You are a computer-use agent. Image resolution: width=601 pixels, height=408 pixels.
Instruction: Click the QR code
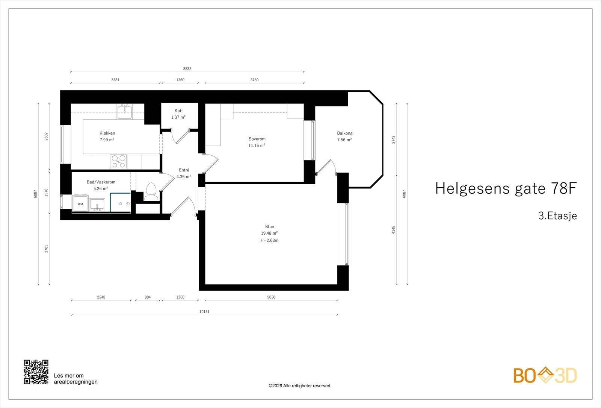[x=36, y=372]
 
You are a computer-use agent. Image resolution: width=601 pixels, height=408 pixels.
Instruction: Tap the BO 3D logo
[x=545, y=375]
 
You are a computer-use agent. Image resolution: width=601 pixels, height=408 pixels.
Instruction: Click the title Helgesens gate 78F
[x=505, y=188]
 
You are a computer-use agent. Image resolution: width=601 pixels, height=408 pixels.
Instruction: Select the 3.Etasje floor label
[x=557, y=216]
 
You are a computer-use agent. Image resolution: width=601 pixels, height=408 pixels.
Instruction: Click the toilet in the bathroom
[x=151, y=191]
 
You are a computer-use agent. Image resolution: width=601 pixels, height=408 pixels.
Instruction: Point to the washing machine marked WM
[x=80, y=203]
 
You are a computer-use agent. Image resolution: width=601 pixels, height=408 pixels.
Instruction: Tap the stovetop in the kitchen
[x=119, y=161]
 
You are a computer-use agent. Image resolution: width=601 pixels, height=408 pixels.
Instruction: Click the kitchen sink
[x=125, y=112]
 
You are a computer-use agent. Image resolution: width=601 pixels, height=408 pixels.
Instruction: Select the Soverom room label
[x=257, y=139]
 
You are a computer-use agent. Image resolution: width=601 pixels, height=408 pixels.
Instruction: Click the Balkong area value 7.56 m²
[x=344, y=140]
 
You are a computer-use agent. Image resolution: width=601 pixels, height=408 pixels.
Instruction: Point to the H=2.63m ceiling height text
[x=269, y=240]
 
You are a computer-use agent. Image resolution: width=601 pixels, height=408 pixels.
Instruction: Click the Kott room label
[x=178, y=111]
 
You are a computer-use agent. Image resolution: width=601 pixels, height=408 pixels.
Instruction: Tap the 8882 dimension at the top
[x=187, y=69]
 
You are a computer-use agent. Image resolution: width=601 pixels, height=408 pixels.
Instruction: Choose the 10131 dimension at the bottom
[x=204, y=312]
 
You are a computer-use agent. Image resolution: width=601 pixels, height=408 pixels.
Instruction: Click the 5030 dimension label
[x=271, y=297]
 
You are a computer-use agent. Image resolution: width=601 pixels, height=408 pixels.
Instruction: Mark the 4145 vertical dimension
[x=393, y=230]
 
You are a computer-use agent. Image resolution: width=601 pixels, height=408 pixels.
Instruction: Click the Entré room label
[x=184, y=170]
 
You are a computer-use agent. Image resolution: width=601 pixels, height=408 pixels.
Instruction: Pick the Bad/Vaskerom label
[x=101, y=182]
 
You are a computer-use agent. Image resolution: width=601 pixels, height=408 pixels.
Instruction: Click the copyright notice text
[x=299, y=386]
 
